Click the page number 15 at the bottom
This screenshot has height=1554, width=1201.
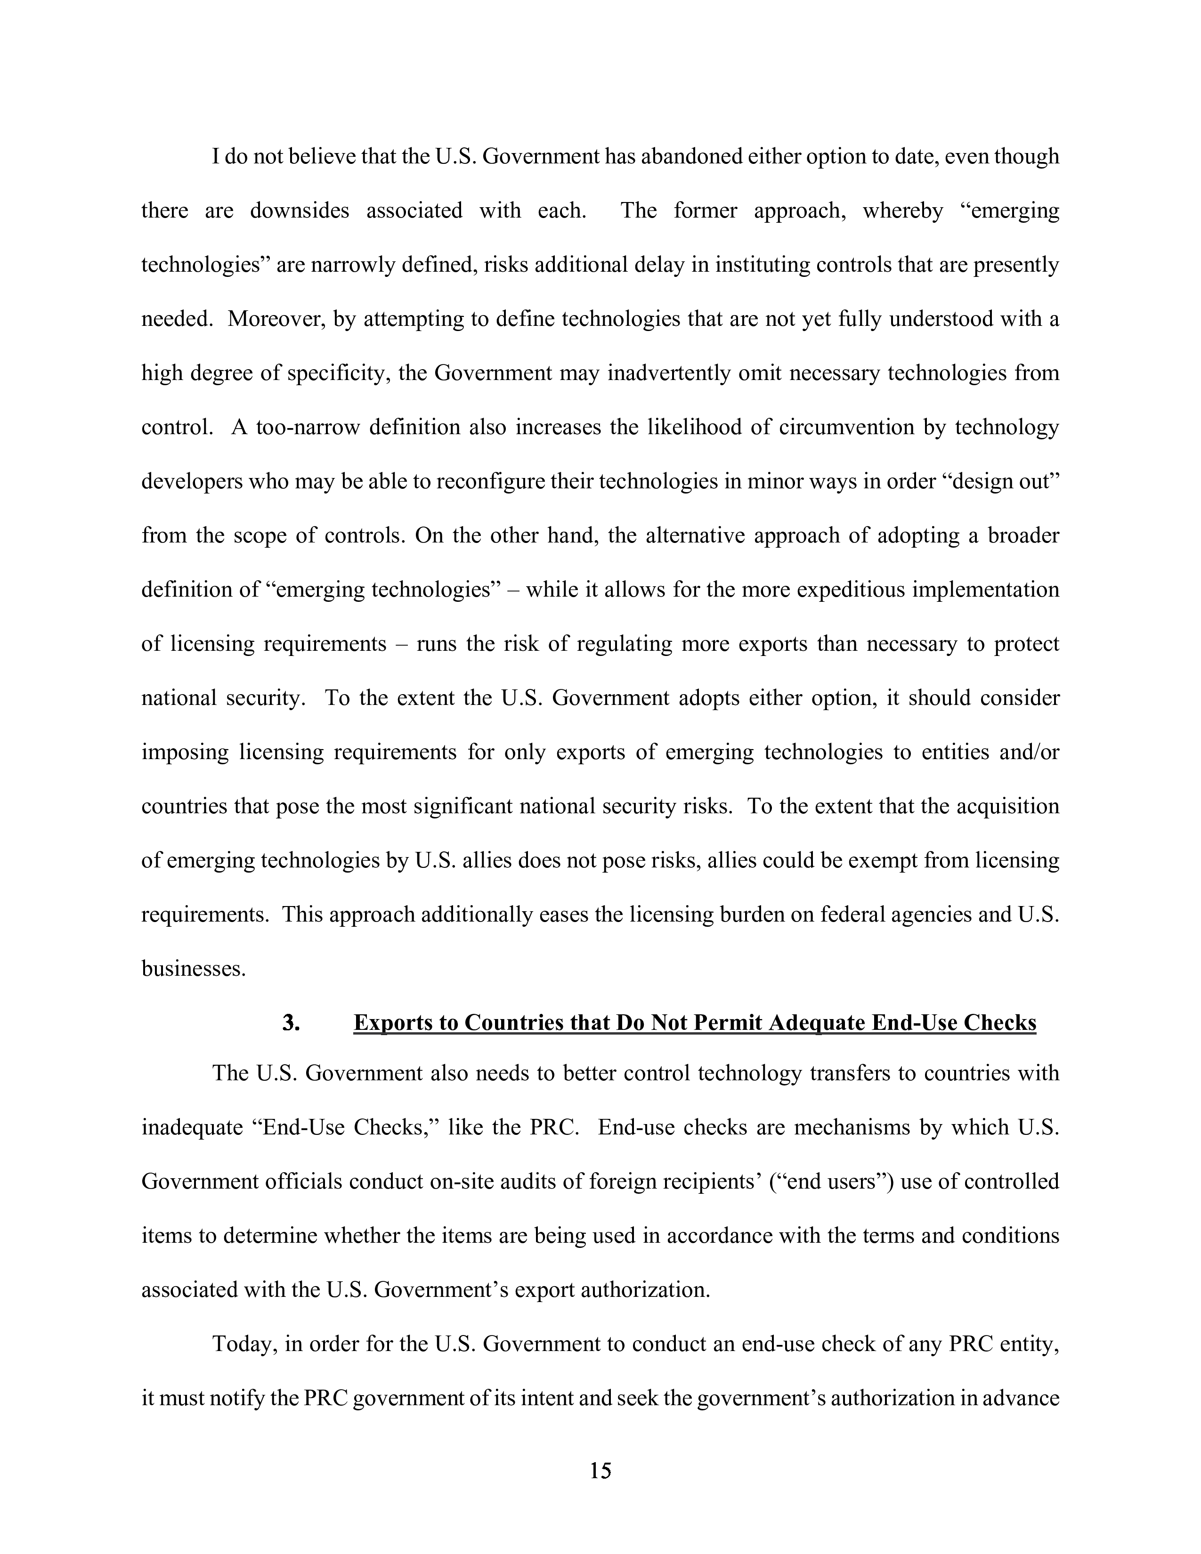600,1470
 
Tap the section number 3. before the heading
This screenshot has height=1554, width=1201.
290,1022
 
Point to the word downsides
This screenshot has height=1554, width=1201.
300,210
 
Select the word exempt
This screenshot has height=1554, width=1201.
881,860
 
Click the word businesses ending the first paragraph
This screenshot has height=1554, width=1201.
194,968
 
